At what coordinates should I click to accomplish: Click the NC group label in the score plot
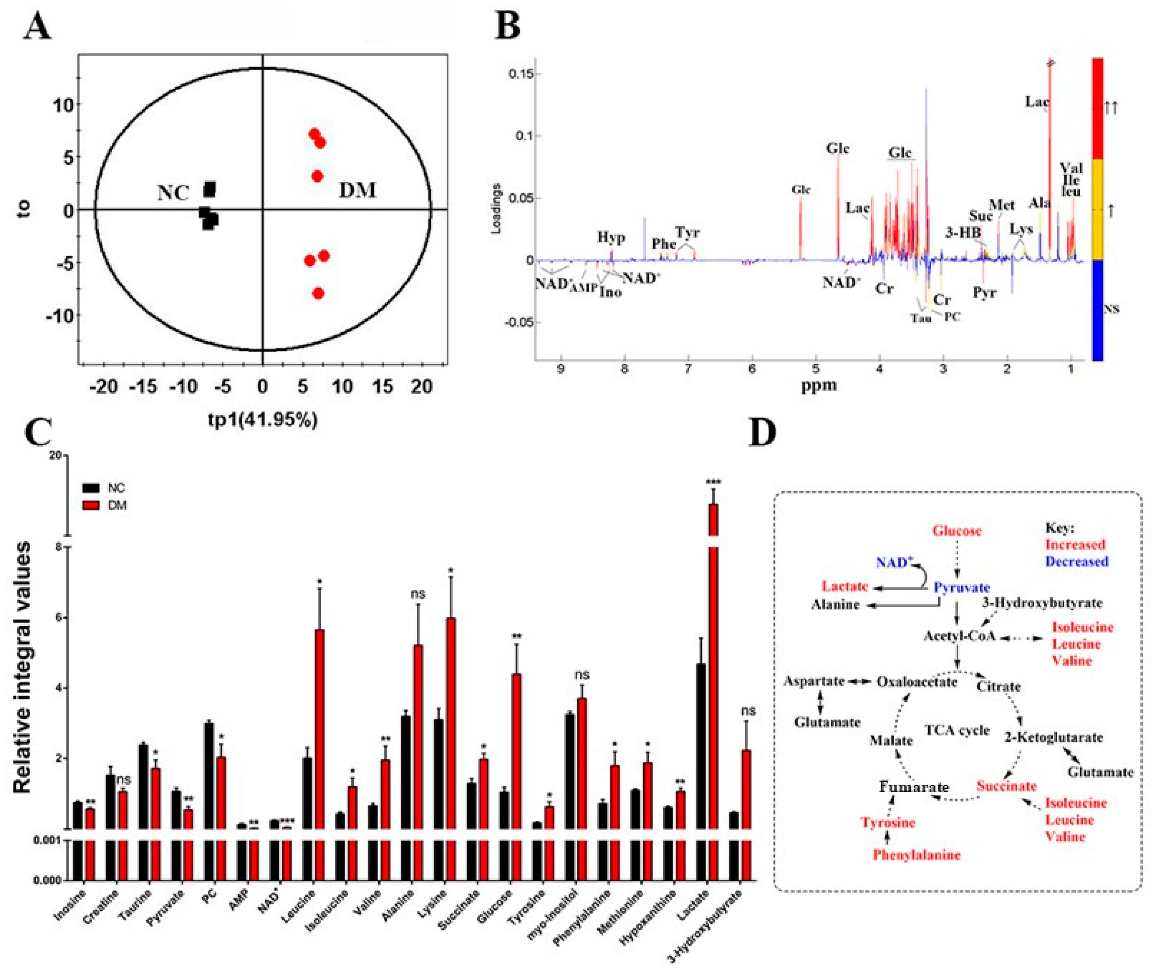click(173, 193)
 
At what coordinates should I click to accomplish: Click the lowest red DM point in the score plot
click(318, 293)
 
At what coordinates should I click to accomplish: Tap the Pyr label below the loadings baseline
click(984, 292)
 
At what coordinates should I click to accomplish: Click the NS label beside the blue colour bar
click(1111, 310)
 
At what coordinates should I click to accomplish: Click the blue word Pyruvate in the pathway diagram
click(961, 587)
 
